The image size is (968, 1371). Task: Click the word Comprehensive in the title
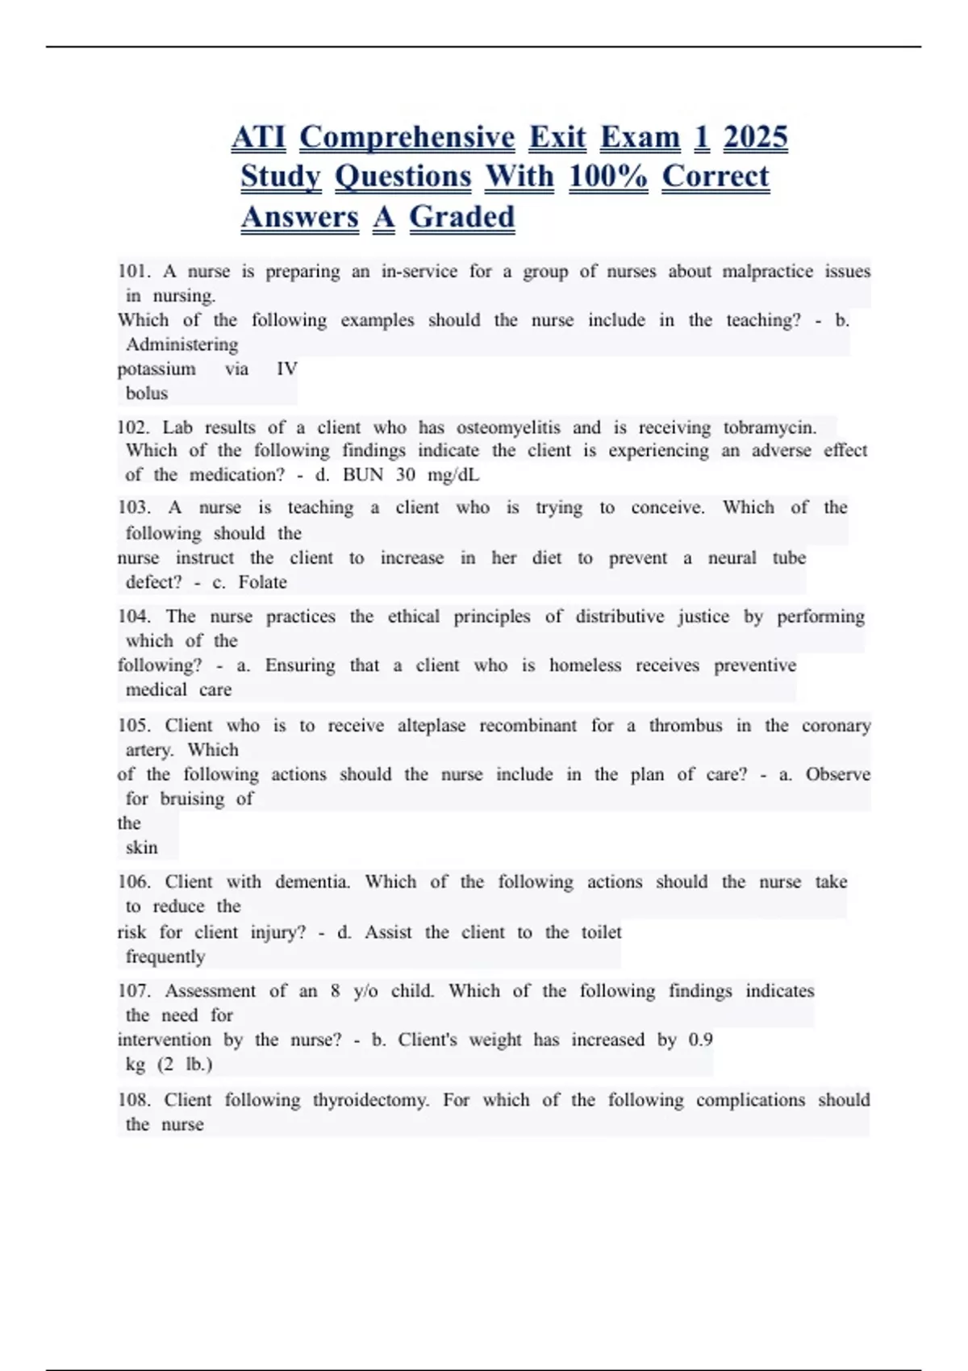407,137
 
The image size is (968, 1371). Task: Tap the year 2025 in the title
755,137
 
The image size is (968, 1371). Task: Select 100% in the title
607,177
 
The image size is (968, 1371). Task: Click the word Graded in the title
461,217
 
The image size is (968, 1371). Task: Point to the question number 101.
134,271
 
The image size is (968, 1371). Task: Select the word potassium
156,369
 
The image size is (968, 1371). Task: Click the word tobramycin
770,427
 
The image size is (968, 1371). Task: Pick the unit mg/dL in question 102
453,474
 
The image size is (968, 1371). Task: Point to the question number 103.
134,507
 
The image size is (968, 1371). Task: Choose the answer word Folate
262,581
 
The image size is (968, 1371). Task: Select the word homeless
585,665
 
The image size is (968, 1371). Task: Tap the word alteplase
432,725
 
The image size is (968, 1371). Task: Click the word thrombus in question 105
686,725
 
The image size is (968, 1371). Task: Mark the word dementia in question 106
313,881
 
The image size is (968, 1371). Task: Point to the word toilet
602,932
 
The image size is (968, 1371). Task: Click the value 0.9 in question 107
700,1040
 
